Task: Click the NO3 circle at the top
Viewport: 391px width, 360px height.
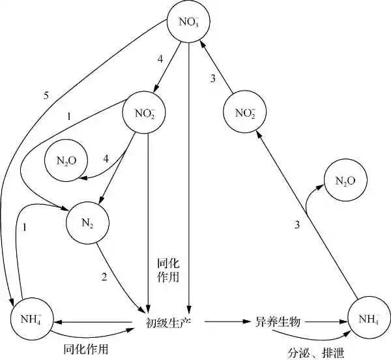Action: click(188, 22)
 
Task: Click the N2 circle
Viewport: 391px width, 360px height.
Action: click(87, 224)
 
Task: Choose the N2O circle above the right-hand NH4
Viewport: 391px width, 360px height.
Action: click(345, 181)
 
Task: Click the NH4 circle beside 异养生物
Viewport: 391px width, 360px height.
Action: click(368, 319)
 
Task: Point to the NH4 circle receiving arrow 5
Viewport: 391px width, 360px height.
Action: click(31, 320)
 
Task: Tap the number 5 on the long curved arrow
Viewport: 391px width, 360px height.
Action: click(46, 96)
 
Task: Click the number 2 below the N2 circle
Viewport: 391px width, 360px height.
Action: click(103, 277)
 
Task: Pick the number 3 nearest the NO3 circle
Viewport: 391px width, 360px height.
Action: click(212, 79)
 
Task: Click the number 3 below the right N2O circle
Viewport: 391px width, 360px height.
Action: click(297, 225)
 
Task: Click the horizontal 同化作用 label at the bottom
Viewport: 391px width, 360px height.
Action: click(85, 350)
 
